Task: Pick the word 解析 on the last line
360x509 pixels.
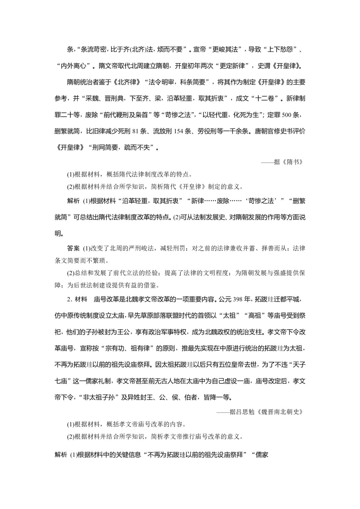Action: pos(61,455)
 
